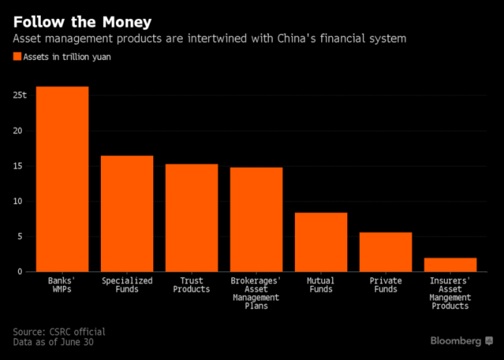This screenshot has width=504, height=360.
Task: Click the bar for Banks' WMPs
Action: point(62,179)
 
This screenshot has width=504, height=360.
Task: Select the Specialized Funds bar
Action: point(127,214)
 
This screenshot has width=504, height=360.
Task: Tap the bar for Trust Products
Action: point(192,218)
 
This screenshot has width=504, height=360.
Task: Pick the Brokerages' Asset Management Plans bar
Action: point(256,219)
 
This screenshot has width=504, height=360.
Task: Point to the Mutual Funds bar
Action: point(321,242)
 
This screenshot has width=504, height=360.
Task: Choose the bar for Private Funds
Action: point(385,252)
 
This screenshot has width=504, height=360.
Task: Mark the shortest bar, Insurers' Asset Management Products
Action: point(450,265)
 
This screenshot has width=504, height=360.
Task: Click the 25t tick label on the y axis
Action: point(20,95)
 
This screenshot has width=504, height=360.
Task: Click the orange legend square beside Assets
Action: point(17,57)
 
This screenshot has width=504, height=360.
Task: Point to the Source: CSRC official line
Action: point(59,332)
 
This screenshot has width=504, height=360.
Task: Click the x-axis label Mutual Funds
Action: point(321,285)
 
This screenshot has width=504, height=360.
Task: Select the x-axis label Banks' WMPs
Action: point(62,285)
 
